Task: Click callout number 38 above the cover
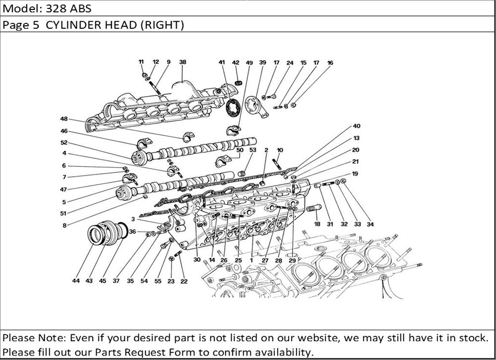tap(183, 62)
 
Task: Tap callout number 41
tap(221, 62)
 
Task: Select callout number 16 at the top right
tap(330, 63)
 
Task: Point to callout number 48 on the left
tap(63, 119)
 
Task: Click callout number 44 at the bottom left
tap(75, 281)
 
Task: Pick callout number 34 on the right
tap(370, 224)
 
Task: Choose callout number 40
tap(357, 126)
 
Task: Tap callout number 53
tap(253, 149)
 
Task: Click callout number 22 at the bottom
tap(184, 281)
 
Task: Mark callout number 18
tap(316, 224)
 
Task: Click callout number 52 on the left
tap(63, 143)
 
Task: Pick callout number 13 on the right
tap(357, 138)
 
